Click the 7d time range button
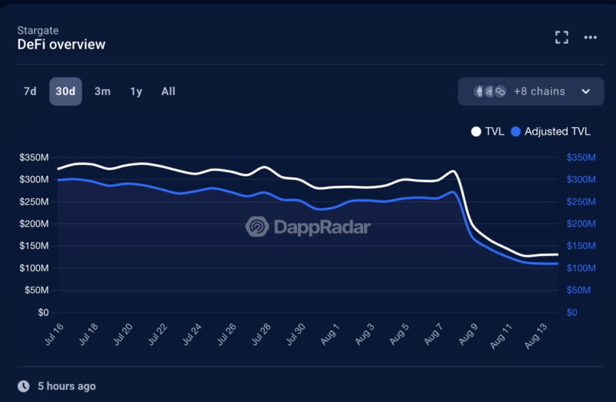coord(29,91)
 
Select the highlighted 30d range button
coord(66,91)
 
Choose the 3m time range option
coord(102,91)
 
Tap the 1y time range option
coord(136,91)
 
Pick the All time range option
coord(168,91)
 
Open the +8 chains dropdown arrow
coord(585,91)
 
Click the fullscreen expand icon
coord(561,37)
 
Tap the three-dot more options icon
coord(590,37)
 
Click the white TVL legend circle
coord(476,131)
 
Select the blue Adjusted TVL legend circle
coord(516,131)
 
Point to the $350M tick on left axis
coord(34,158)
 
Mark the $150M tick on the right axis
coord(581,246)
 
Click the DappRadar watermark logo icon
coord(257,227)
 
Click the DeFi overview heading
coord(61,45)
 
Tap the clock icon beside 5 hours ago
coord(23,386)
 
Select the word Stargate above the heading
coord(38,30)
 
